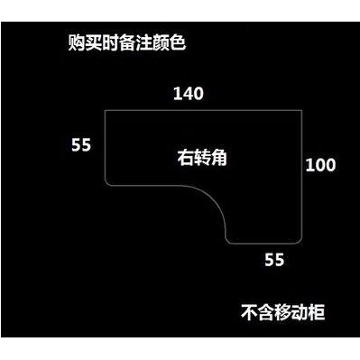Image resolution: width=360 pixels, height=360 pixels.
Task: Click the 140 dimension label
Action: pos(189,94)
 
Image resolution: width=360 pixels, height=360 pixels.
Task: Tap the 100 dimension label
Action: pos(320,165)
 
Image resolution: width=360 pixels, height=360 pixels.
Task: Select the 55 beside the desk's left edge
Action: pos(81,145)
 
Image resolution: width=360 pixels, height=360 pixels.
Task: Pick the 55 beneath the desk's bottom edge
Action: pos(274,260)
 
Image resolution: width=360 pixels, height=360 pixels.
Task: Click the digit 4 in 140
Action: pos(189,94)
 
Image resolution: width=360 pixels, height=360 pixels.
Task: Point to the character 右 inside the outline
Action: pos(185,157)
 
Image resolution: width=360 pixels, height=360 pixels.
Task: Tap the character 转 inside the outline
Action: pos(202,157)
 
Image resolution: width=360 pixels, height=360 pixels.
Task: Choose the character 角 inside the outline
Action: pos(218,157)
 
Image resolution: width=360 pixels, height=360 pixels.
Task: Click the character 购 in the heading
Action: pos(77,43)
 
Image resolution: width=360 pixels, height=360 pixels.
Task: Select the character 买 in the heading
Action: pos(93,43)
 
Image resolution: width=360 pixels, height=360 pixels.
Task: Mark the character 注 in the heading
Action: pos(143,43)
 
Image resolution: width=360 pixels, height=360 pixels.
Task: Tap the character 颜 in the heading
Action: pos(161,43)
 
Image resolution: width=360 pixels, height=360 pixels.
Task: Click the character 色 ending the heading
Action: pos(178,43)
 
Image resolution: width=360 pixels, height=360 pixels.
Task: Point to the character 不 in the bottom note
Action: pos(249,313)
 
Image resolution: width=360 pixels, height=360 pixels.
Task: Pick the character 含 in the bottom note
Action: pos(266,313)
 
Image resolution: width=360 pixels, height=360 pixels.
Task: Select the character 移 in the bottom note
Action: pos(283,313)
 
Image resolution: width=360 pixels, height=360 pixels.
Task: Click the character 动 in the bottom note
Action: pos(300,313)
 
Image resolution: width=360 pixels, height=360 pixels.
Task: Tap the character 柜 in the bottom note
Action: pos(317,313)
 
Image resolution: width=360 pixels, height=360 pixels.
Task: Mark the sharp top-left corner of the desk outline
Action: pos(105,111)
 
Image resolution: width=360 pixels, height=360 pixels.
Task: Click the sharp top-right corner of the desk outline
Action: pos(302,111)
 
